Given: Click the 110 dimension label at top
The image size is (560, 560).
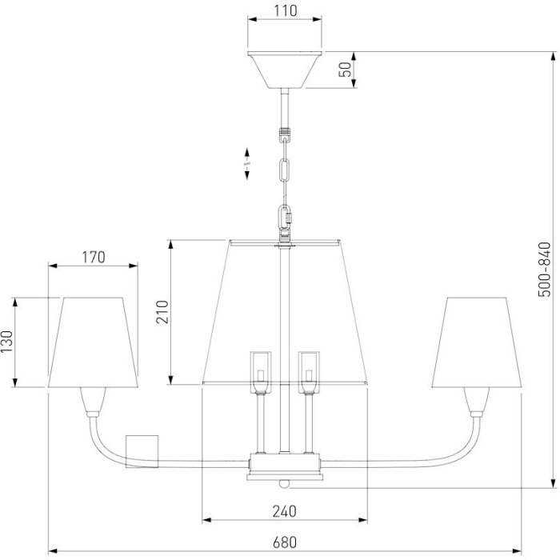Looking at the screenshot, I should click(x=285, y=11).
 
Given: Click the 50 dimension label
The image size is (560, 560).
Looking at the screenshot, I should click(x=346, y=70).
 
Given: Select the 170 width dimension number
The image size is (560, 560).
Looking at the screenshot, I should click(x=93, y=257).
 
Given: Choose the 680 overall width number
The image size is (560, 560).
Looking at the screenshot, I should click(x=284, y=542).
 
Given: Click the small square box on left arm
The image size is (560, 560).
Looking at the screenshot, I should click(x=144, y=451).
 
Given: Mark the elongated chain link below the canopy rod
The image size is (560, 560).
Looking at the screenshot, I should click(x=284, y=173).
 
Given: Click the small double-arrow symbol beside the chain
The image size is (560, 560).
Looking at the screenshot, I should click(x=247, y=158).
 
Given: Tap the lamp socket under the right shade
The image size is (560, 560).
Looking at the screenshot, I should click(x=477, y=400).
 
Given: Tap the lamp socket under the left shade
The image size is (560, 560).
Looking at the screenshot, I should click(x=92, y=400).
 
